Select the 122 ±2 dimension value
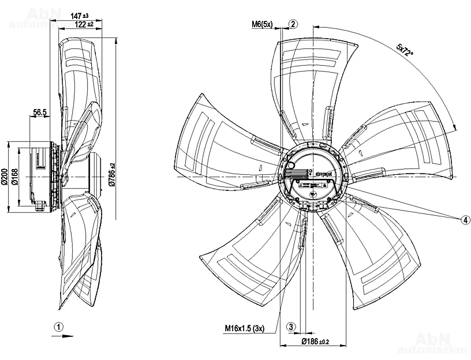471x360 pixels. (83, 24)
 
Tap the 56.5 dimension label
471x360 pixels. (40, 113)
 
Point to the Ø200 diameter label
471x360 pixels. (5, 176)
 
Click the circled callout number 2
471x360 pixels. (293, 24)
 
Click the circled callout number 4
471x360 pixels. (465, 220)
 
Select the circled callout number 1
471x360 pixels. (58, 326)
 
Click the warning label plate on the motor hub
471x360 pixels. (312, 186)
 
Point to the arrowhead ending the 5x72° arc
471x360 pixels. (454, 128)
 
